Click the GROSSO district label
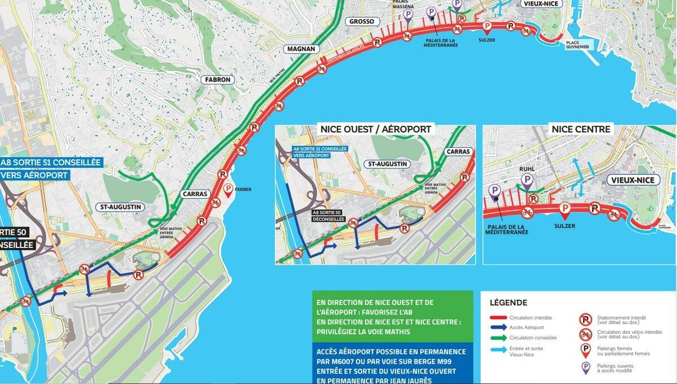pos(362,21)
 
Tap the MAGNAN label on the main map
pos(301,49)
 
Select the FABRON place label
pos(218,80)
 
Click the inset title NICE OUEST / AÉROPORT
pos(375,129)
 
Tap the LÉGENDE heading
pos(508,303)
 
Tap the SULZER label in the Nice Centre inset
pos(564,226)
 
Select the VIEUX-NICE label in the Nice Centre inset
pos(631,180)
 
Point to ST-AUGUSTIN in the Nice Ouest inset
pos(387,164)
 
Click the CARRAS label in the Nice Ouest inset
pos(458,151)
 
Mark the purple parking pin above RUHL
pos(527,180)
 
